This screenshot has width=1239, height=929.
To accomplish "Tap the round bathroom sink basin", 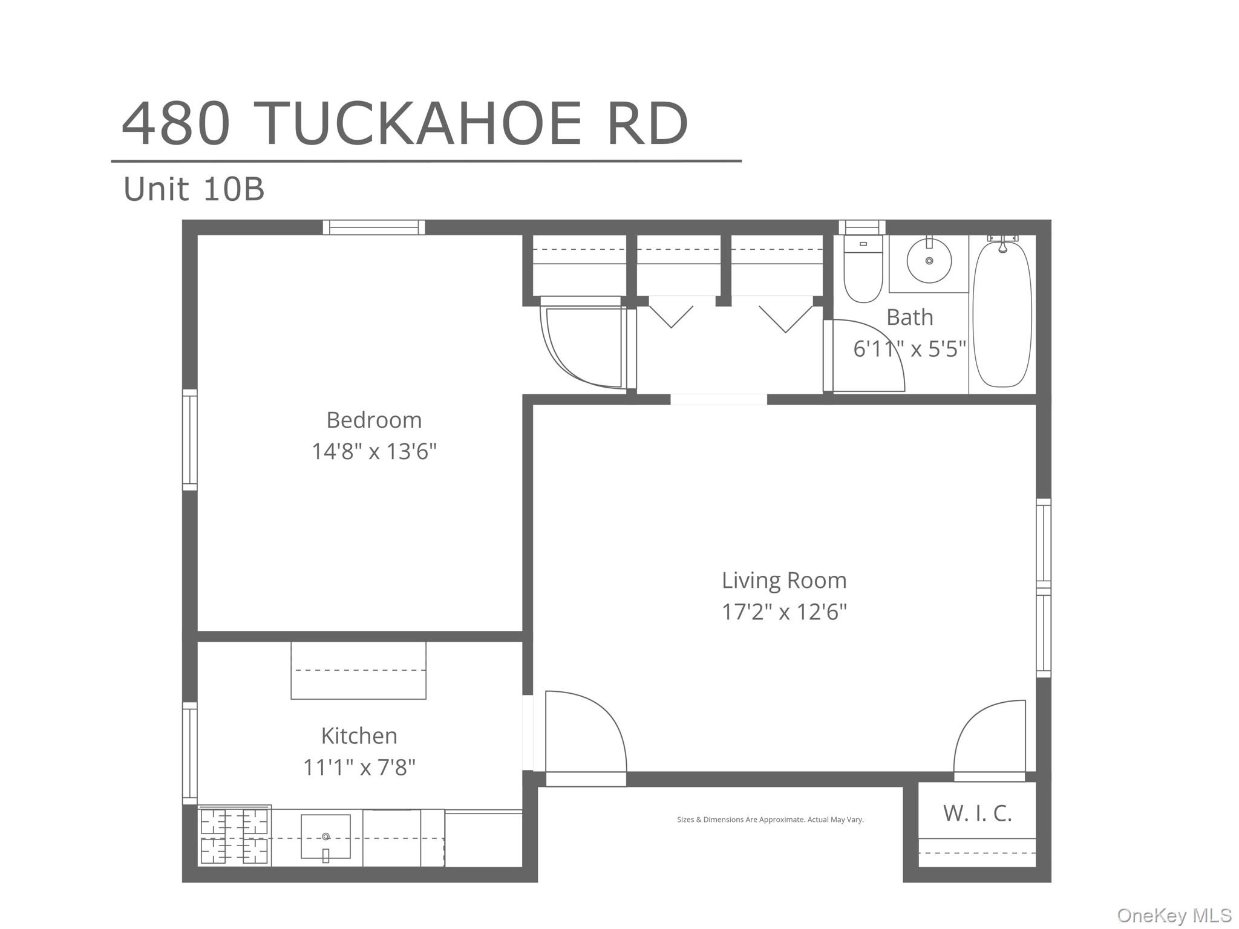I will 929,261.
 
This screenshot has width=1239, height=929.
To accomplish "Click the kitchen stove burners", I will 234,836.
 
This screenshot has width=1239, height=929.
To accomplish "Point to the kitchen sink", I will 325,836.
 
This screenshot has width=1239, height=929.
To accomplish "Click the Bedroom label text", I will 374,420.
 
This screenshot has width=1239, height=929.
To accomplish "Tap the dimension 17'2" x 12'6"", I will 784,612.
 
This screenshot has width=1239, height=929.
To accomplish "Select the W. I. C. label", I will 977,813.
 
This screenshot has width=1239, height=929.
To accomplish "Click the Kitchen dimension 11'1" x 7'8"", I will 359,768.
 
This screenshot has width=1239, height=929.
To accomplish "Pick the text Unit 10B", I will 194,189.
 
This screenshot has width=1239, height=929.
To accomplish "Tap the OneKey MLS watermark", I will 1174,915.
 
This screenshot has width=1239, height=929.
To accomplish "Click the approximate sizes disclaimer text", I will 770,820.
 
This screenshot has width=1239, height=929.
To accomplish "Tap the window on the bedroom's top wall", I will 373,227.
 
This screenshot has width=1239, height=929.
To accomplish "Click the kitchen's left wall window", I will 189,753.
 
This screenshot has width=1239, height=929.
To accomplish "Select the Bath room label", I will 909,317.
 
